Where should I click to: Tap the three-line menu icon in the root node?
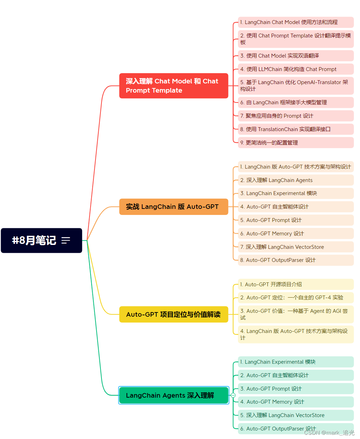(x=66, y=240)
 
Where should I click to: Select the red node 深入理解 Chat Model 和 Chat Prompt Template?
(x=173, y=86)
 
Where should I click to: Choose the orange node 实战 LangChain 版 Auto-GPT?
(x=173, y=207)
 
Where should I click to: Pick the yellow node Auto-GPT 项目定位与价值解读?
(x=173, y=314)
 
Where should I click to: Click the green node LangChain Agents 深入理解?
(x=173, y=395)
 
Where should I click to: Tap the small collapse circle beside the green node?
(x=233, y=395)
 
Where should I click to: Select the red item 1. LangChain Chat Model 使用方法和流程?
(x=295, y=22)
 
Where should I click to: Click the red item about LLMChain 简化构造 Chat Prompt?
(x=295, y=69)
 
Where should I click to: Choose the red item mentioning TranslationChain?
(x=295, y=129)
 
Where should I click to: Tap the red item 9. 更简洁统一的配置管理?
(x=295, y=143)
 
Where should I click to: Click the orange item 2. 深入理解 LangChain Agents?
(x=295, y=180)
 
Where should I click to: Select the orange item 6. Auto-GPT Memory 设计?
(x=295, y=234)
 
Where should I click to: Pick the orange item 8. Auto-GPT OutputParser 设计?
(x=295, y=260)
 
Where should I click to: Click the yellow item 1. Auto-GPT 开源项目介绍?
(x=295, y=285)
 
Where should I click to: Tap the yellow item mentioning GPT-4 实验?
(x=295, y=298)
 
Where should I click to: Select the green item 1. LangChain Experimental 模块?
(x=295, y=362)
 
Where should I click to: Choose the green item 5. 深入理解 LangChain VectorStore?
(x=295, y=415)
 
